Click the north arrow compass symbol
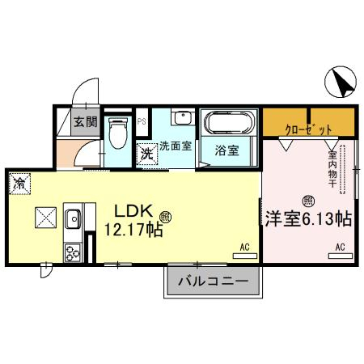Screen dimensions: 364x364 pyautogui.click(x=341, y=82)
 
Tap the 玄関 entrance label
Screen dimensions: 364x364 pyautogui.click(x=86, y=122)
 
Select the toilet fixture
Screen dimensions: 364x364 pyautogui.click(x=117, y=133)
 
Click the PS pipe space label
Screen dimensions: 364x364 pyautogui.click(x=142, y=121)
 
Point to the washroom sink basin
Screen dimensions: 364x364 pyautogui.click(x=183, y=117)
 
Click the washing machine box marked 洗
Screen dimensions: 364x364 pyautogui.click(x=147, y=154)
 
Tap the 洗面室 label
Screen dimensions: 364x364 pyautogui.click(x=176, y=146)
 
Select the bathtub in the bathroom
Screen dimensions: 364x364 pyautogui.click(x=229, y=122)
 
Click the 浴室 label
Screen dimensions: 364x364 pyautogui.click(x=226, y=150)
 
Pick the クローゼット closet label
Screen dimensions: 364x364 pyautogui.click(x=308, y=130)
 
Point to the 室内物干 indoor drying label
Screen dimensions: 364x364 pyautogui.click(x=332, y=169)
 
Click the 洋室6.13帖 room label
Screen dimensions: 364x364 pyautogui.click(x=308, y=219)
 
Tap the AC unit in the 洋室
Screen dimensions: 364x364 pyautogui.click(x=341, y=256)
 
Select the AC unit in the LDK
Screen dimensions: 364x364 pyautogui.click(x=245, y=256)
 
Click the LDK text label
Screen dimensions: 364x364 pyautogui.click(x=133, y=211)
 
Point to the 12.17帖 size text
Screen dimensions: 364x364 pyautogui.click(x=133, y=230)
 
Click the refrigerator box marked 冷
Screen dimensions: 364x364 pyautogui.click(x=19, y=184)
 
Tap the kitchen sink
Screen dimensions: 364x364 pyautogui.click(x=73, y=218)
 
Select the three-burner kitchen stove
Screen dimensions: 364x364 pyautogui.click(x=73, y=252)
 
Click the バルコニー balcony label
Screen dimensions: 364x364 pyautogui.click(x=213, y=281)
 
